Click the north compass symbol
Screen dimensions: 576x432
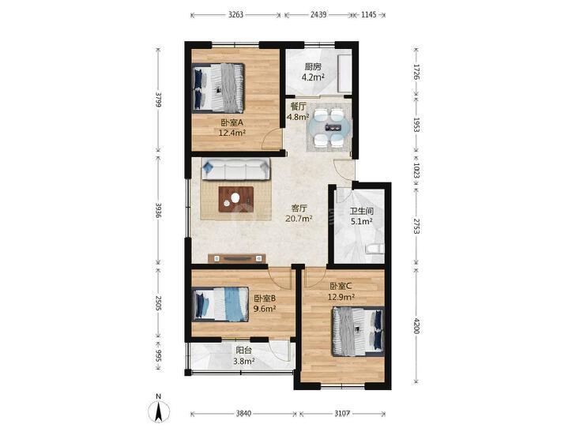click(158, 411)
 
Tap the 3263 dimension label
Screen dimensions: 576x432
click(235, 15)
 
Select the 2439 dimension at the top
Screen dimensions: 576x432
click(318, 15)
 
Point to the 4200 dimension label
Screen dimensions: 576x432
click(416, 326)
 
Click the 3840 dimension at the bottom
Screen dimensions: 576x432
click(243, 414)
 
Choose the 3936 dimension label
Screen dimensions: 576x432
click(158, 210)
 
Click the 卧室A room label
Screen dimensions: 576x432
click(232, 122)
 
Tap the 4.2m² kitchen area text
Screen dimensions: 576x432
click(313, 77)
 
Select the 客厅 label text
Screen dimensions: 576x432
click(299, 208)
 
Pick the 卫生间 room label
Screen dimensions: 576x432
click(361, 211)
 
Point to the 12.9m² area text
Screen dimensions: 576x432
click(341, 297)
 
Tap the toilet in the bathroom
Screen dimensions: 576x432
click(375, 249)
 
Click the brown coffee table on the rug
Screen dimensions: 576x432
click(236, 199)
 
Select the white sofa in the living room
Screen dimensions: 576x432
click(235, 169)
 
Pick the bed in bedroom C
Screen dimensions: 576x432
click(358, 332)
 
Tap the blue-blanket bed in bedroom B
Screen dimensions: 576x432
click(220, 304)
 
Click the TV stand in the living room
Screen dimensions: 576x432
click(237, 258)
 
